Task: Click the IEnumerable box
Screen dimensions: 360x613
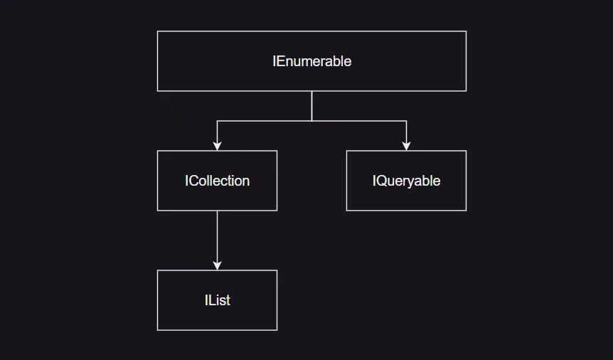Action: click(311, 61)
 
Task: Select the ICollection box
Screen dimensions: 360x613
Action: click(217, 181)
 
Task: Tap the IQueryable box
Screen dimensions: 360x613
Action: click(406, 181)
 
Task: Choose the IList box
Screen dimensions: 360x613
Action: click(217, 300)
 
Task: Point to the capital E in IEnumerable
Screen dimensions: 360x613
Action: click(280, 61)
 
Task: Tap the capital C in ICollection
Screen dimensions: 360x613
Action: click(193, 181)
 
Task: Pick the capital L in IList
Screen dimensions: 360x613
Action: click(211, 300)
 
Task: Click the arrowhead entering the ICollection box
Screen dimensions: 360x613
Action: click(217, 146)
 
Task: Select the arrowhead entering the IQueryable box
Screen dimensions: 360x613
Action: click(406, 146)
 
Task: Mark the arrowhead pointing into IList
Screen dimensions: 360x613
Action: click(217, 265)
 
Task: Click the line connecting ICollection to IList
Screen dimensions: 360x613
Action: click(217, 238)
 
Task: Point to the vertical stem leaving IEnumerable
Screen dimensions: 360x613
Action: click(311, 105)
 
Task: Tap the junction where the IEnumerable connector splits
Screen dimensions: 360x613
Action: click(311, 121)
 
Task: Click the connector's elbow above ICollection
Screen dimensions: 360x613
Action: click(217, 121)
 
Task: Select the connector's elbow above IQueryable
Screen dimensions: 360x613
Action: click(406, 121)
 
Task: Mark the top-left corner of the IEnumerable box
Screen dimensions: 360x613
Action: click(157, 31)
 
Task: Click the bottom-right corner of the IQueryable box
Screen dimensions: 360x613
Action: click(466, 211)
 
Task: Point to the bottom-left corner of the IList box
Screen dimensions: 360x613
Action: click(157, 330)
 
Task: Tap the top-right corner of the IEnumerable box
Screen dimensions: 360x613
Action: click(466, 31)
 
